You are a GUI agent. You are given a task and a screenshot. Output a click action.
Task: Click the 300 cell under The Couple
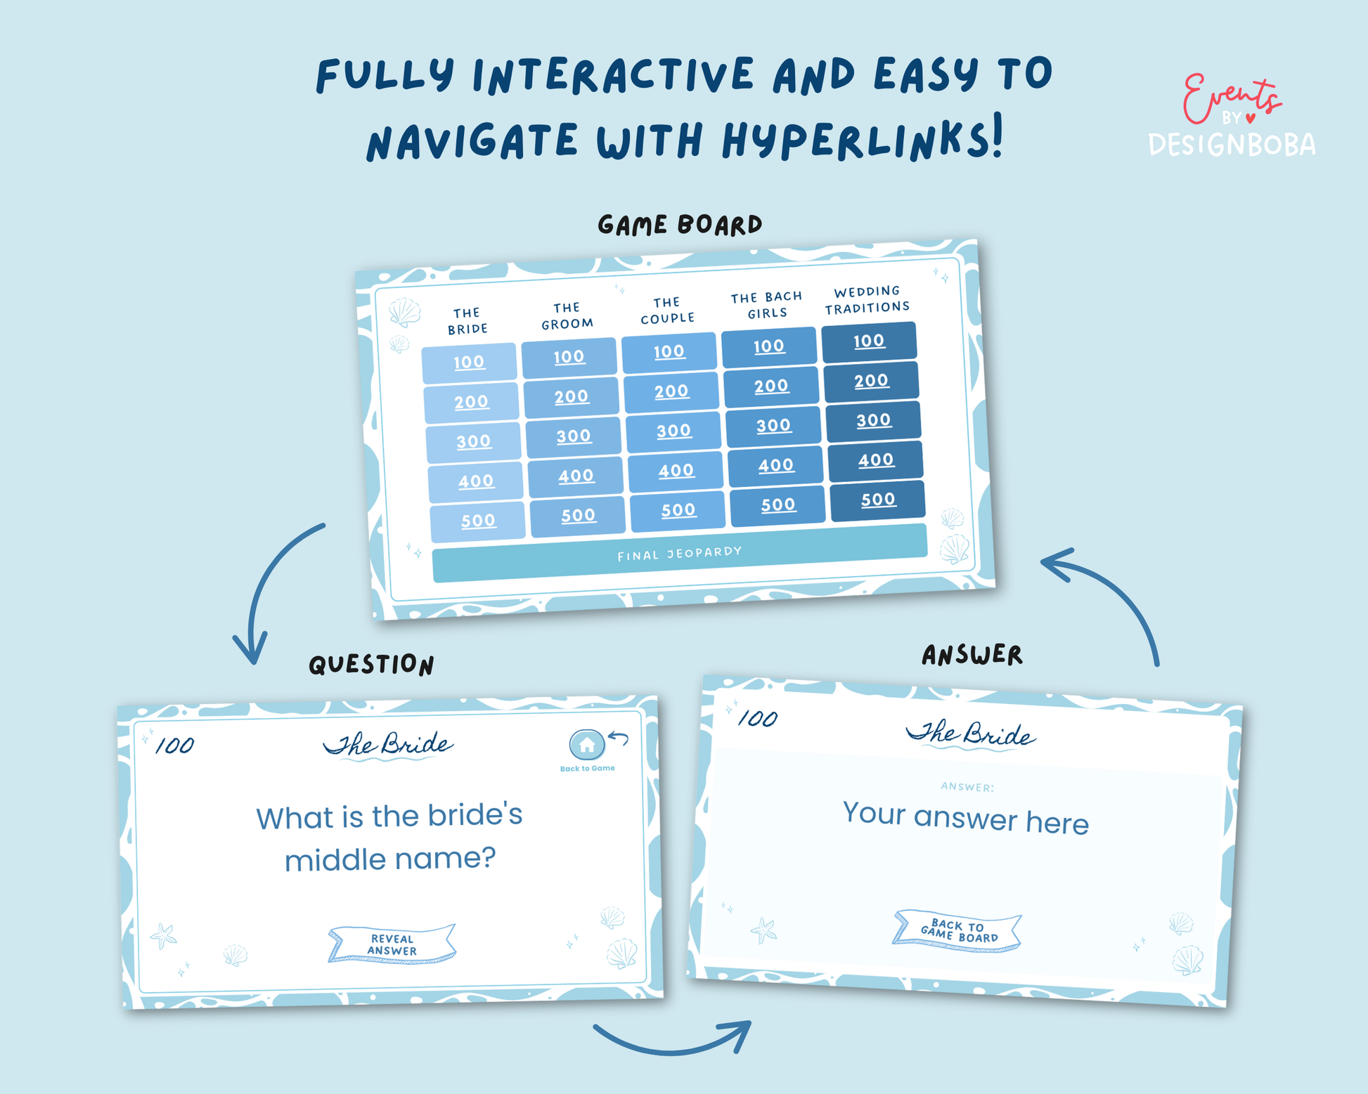(x=673, y=431)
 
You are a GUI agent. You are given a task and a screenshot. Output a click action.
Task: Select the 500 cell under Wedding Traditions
(x=878, y=500)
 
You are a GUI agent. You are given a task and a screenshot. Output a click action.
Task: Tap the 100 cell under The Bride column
(x=469, y=363)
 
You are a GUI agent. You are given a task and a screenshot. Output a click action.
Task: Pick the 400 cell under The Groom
(x=576, y=476)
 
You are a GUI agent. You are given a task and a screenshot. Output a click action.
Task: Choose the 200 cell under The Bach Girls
(x=771, y=386)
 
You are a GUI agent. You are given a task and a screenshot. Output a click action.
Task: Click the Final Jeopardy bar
(x=680, y=553)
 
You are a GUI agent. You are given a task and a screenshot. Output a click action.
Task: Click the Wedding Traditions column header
(x=867, y=300)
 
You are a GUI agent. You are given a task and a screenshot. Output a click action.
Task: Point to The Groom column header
(x=567, y=316)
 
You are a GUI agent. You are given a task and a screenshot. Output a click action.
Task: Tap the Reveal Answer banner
(x=392, y=944)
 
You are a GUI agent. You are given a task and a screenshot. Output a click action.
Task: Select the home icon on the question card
(x=587, y=745)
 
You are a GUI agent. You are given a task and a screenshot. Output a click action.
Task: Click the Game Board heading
(x=680, y=225)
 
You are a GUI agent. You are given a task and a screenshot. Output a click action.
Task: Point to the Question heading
(x=371, y=665)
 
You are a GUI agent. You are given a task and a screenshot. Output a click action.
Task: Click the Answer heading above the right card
(x=972, y=655)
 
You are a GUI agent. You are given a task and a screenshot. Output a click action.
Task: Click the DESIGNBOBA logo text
(x=1232, y=145)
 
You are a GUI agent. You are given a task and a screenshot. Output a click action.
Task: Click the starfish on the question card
(x=164, y=935)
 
